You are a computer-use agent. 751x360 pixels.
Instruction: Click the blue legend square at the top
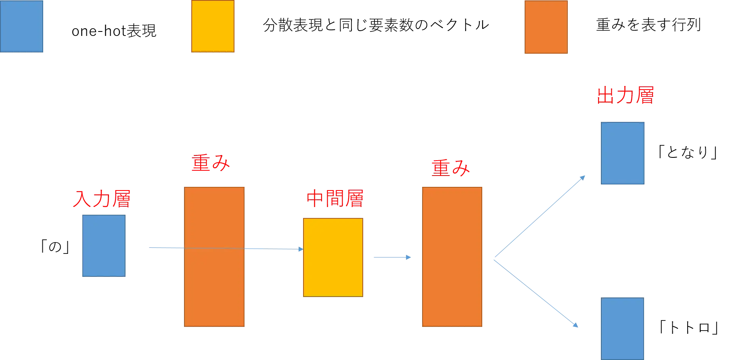pyautogui.click(x=22, y=27)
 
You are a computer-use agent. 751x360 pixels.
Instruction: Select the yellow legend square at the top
pyautogui.click(x=213, y=27)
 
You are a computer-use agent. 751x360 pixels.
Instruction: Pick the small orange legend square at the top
pyautogui.click(x=546, y=27)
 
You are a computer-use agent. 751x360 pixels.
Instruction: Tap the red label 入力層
pyautogui.click(x=102, y=199)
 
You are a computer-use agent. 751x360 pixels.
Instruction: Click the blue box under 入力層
pyautogui.click(x=103, y=245)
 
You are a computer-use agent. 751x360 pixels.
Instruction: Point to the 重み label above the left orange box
pyautogui.click(x=211, y=163)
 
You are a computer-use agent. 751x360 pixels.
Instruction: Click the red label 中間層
pyautogui.click(x=335, y=199)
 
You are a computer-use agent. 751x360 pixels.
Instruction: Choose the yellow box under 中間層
pyautogui.click(x=333, y=257)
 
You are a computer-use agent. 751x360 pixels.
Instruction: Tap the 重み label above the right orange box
pyautogui.click(x=450, y=168)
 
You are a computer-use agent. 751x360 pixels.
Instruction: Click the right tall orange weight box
pyautogui.click(x=452, y=257)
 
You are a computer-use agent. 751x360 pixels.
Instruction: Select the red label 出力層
pyautogui.click(x=625, y=96)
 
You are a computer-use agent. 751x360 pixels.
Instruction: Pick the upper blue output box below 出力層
pyautogui.click(x=623, y=153)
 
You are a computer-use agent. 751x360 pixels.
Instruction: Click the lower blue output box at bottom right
pyautogui.click(x=623, y=328)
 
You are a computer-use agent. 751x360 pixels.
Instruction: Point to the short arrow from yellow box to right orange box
pyautogui.click(x=391, y=257)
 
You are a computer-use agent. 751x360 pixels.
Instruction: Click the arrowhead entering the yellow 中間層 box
pyautogui.click(x=300, y=249)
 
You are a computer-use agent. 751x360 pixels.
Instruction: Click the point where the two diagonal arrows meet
pyautogui.click(x=493, y=260)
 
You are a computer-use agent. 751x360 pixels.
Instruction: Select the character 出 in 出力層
pyautogui.click(x=605, y=96)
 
